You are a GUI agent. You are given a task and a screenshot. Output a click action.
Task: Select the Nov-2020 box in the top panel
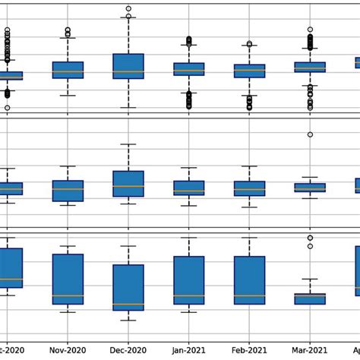coord(68,70)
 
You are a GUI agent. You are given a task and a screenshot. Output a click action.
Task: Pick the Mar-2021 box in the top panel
coord(310,67)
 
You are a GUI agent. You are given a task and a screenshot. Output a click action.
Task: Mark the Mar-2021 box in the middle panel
coord(310,187)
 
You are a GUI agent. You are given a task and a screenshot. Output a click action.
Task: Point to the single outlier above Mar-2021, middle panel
coord(310,134)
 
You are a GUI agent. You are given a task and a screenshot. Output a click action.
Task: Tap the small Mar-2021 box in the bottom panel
coord(310,299)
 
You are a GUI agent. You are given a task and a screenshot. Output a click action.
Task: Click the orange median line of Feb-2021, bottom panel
coord(250,295)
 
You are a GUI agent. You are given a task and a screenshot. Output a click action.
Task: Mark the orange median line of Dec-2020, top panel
coord(128,71)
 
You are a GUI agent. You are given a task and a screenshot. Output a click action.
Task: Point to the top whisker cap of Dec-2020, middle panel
coord(128,144)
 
